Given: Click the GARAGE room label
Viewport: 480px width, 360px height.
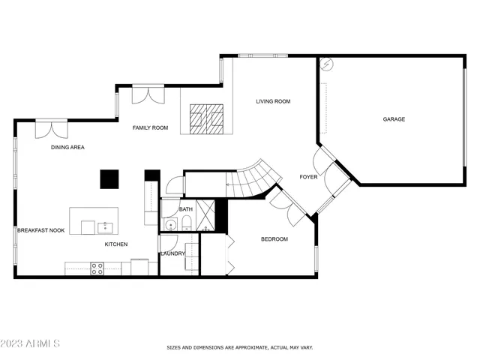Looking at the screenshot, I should (394, 119).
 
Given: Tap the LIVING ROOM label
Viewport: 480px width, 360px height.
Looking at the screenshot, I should (273, 101).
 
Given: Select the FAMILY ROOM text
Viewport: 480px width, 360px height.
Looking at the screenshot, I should (150, 128).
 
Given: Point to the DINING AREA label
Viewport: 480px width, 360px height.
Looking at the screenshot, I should (67, 148).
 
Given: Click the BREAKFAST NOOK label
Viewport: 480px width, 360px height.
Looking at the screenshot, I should (40, 230).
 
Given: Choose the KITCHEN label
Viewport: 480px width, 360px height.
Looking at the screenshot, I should (115, 244).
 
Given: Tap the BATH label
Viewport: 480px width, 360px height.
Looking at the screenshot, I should (186, 209).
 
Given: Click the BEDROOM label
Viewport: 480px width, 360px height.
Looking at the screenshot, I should (274, 239).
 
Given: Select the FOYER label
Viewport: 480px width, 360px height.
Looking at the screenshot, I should (308, 177).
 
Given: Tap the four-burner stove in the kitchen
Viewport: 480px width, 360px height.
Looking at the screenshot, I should (97, 268).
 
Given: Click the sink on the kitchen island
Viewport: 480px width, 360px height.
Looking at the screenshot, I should (105, 226).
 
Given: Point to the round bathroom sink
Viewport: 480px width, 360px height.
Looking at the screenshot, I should (171, 224).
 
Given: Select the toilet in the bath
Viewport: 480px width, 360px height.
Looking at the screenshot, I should (187, 223).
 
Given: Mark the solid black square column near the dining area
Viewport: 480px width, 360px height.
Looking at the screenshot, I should (109, 179).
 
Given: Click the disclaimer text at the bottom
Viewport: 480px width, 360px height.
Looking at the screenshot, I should (239, 347).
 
